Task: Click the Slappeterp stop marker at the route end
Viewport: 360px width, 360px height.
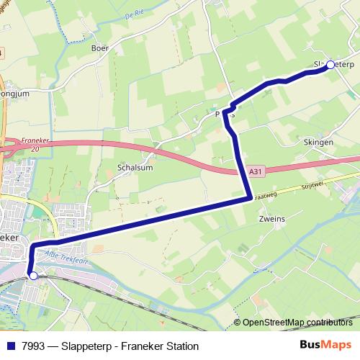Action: [x=330, y=65]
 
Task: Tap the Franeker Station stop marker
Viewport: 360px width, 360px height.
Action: [x=32, y=274]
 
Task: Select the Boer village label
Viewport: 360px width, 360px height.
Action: [x=99, y=49]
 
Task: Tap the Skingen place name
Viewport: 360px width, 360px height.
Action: [x=319, y=143]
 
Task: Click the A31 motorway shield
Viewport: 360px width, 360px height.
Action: [x=256, y=172]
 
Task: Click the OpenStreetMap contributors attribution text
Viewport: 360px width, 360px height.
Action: [x=301, y=323]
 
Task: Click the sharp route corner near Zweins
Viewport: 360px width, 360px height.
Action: [x=249, y=197]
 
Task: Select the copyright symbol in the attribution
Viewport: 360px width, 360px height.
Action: [x=237, y=323]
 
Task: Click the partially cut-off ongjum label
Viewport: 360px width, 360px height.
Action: [x=15, y=93]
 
